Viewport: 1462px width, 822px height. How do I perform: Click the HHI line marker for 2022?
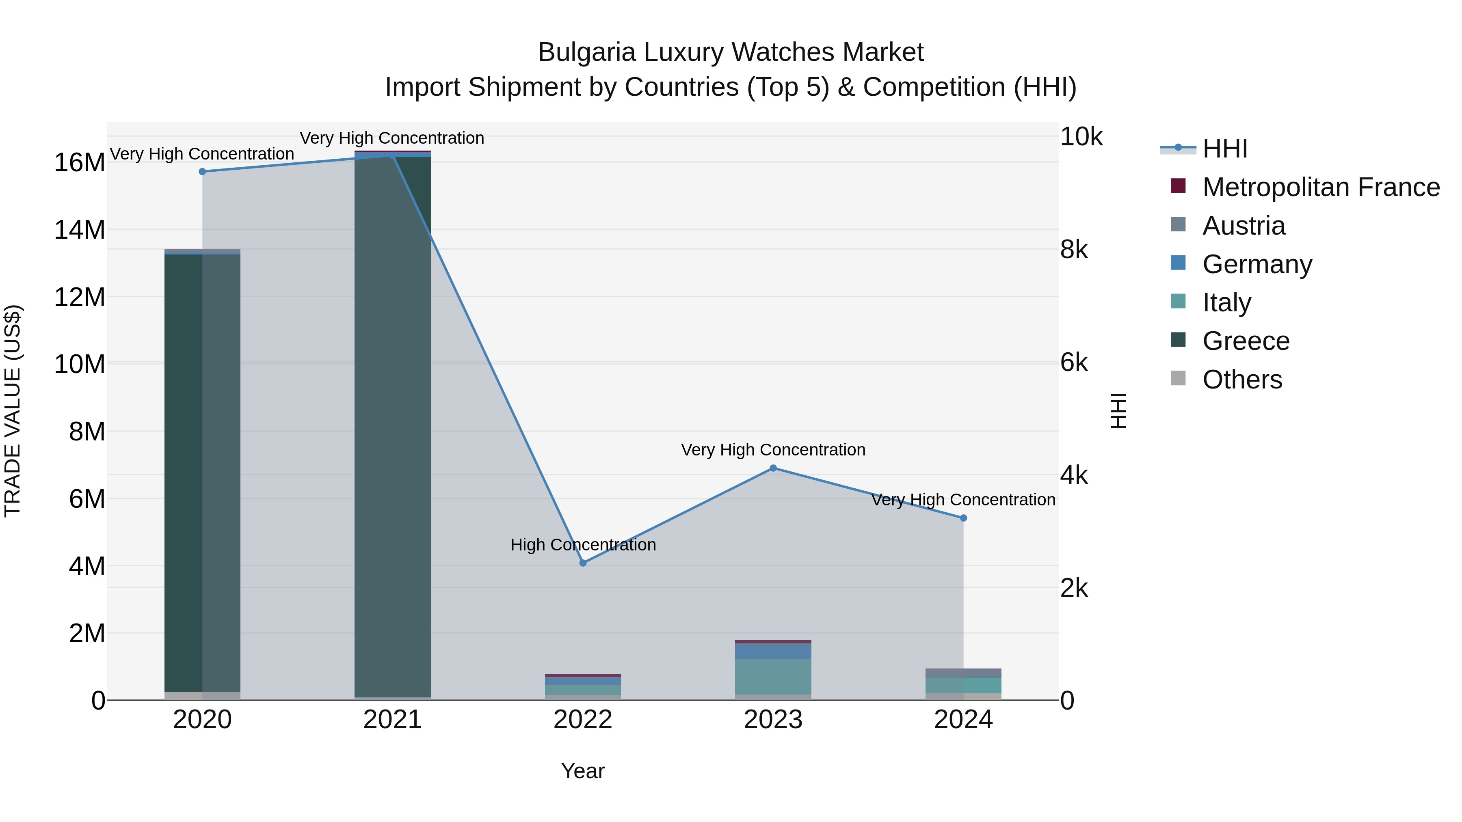coord(583,563)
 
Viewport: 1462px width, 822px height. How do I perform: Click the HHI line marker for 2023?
coord(773,468)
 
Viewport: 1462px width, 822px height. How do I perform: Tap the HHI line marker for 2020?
coord(203,171)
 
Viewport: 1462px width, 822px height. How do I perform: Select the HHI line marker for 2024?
coord(963,518)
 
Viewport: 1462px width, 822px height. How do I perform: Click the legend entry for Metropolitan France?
coord(1321,187)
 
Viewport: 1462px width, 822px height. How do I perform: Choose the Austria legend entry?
coord(1243,226)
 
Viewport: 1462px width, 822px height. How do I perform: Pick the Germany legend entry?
coord(1257,264)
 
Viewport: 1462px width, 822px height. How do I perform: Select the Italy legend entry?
coord(1226,302)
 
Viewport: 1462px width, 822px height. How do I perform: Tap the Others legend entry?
coord(1242,380)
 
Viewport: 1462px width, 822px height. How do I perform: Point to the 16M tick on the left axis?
coord(80,163)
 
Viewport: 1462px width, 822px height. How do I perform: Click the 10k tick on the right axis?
coord(1081,137)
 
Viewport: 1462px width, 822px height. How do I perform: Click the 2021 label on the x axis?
coord(392,720)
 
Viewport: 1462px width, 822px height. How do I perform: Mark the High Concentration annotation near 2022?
coord(583,545)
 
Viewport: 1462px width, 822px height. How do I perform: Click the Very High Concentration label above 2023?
coord(773,450)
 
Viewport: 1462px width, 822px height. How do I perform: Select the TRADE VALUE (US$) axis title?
coord(13,411)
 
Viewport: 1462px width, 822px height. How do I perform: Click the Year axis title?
coord(583,771)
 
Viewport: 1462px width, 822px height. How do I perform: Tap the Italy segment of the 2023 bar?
coord(773,676)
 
